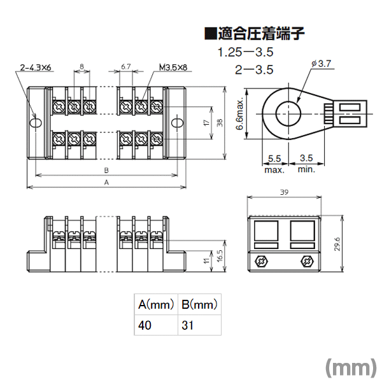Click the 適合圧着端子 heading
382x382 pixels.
coord(255,33)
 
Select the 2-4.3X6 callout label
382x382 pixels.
coord(36,67)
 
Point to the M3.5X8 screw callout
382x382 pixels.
coord(173,67)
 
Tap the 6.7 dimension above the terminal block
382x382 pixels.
coord(126,66)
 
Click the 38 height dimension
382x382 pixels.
coord(220,122)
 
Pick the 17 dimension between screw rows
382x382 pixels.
coord(206,122)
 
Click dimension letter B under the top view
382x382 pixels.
coord(106,170)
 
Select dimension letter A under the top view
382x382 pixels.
coord(106,182)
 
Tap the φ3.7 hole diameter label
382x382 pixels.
coord(322,64)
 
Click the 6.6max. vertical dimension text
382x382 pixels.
coord(240,114)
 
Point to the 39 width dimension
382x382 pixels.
coord(285,192)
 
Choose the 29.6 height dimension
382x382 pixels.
coord(337,244)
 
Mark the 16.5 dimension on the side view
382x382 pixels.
coord(220,255)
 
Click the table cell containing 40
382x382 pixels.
coord(156,325)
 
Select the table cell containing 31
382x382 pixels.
coord(199,325)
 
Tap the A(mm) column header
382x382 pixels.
coord(156,304)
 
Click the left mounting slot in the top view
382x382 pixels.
coord(36,123)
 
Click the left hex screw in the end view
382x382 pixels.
coord(261,262)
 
